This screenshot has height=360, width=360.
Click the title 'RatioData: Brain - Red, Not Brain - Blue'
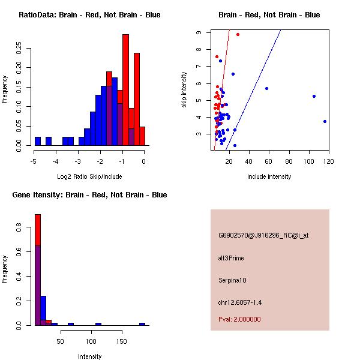89,15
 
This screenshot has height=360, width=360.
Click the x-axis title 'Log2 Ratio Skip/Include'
89,176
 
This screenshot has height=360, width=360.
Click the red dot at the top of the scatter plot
238,35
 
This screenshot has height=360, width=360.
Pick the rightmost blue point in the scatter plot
325,121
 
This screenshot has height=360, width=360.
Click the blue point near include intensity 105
314,96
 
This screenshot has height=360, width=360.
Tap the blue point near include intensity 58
266,88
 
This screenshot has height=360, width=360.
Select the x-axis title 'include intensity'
269,176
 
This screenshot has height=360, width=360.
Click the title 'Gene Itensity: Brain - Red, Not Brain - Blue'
90,195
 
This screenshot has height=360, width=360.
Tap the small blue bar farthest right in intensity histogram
142,324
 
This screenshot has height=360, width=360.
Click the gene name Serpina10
232,280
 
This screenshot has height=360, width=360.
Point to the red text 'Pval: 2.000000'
239,319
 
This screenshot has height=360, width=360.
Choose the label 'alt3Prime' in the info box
231,258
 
